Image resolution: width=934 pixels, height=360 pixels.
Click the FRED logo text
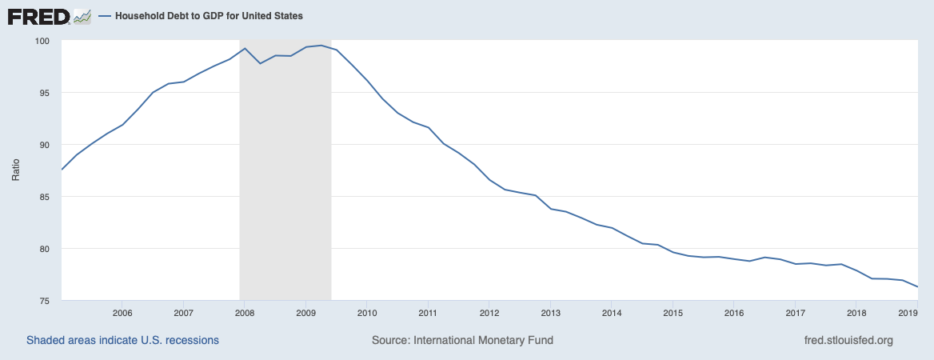click(x=38, y=16)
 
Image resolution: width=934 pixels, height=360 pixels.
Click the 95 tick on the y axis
click(x=45, y=93)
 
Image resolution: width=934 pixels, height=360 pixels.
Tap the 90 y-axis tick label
click(x=45, y=145)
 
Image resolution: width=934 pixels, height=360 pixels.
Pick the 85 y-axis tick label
click(x=45, y=197)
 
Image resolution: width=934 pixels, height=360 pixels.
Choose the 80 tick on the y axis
click(x=45, y=249)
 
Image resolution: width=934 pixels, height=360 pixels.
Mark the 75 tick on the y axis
click(x=45, y=301)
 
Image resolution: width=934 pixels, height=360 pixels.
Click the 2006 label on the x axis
click(x=122, y=312)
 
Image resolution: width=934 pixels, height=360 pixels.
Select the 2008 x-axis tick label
click(x=245, y=312)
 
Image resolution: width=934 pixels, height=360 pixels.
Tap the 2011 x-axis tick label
click(x=428, y=312)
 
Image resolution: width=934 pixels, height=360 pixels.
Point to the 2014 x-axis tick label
click(x=611, y=312)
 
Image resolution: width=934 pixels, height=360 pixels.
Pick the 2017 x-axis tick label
click(x=795, y=312)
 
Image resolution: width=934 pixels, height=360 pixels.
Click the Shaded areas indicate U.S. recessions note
click(x=122, y=340)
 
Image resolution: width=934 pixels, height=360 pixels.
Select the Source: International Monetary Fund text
click(x=462, y=340)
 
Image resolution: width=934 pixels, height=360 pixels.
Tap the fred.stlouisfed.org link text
click(x=848, y=340)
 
